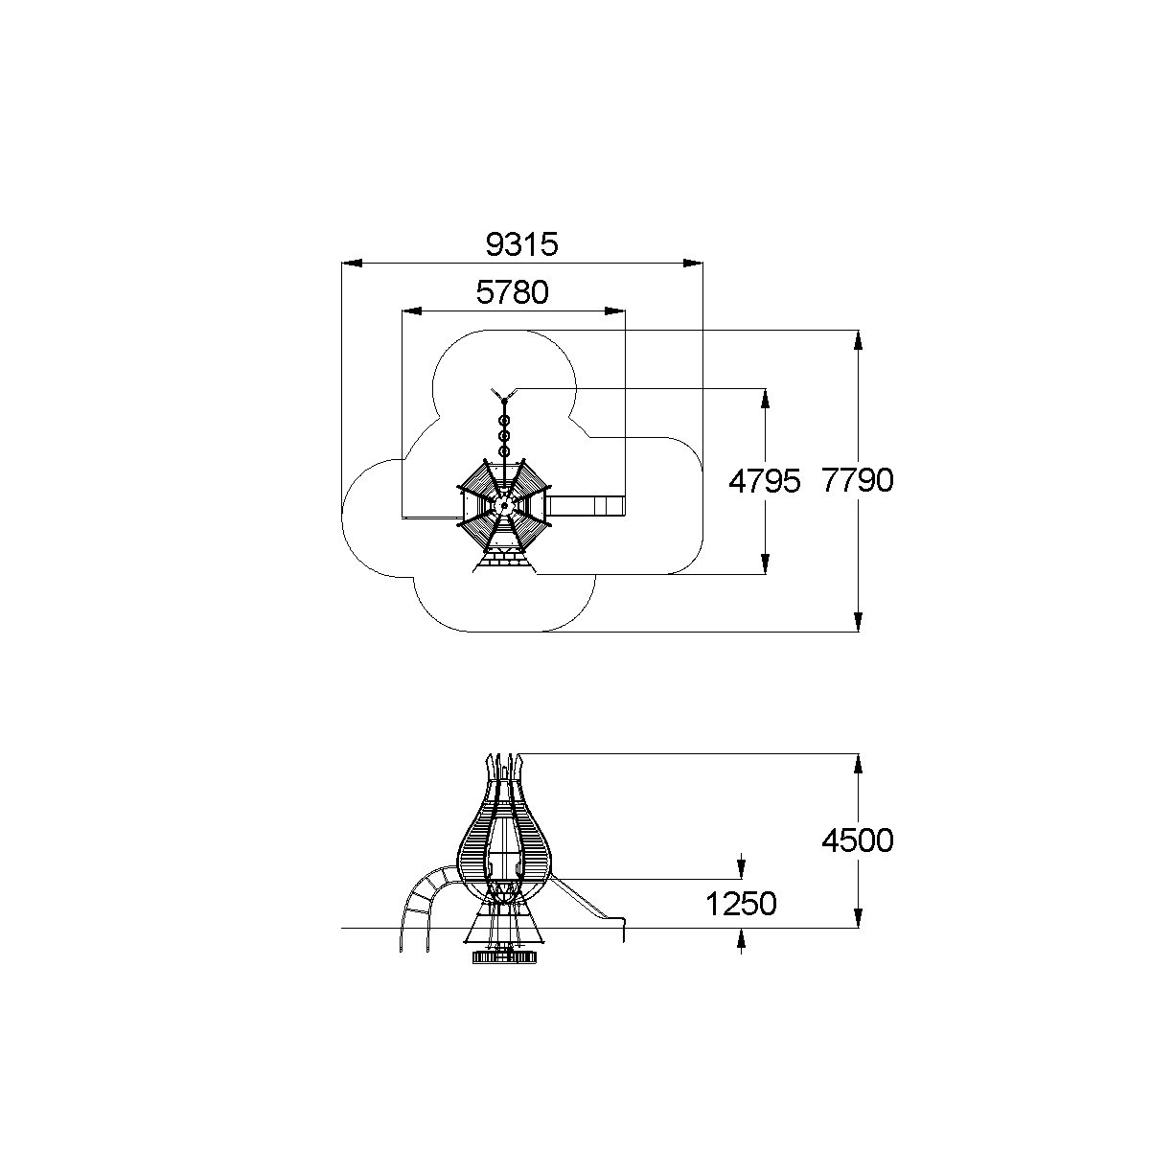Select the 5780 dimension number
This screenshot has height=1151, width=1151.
click(x=512, y=292)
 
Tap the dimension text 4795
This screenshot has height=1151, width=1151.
click(x=764, y=481)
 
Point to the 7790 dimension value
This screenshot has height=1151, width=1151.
click(x=858, y=480)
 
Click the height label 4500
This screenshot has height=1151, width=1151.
click(x=858, y=840)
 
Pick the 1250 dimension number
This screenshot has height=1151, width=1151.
click(x=741, y=903)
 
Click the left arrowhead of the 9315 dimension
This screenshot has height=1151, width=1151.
click(x=352, y=263)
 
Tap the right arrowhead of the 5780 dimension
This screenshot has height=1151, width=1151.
click(x=614, y=311)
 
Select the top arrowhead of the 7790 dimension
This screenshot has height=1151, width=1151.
click(x=859, y=340)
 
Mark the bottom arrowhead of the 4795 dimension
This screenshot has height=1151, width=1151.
click(x=765, y=564)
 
